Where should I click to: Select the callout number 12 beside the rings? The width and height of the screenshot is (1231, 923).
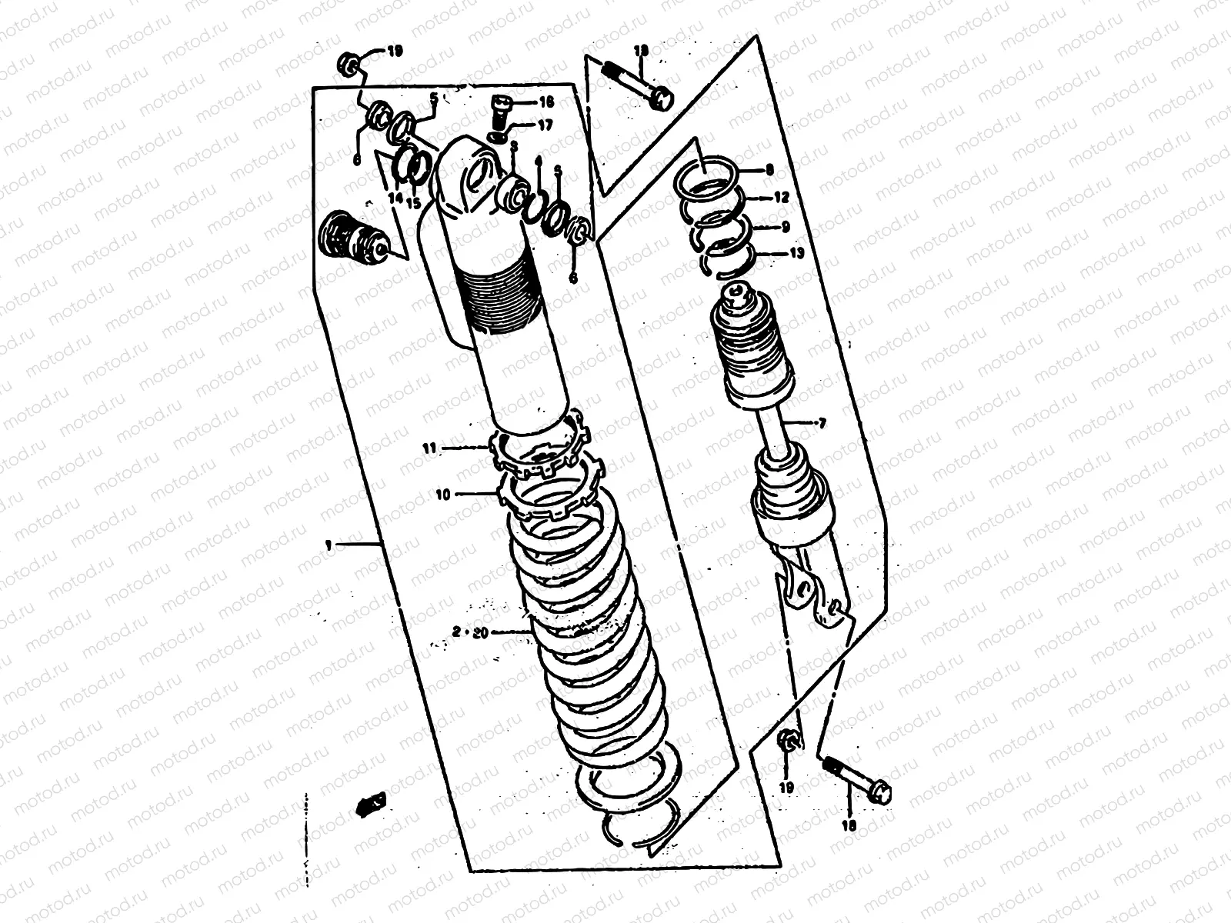click(x=782, y=198)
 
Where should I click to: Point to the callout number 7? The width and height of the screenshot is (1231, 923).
click(x=821, y=423)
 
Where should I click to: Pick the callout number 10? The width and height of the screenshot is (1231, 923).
click(x=442, y=495)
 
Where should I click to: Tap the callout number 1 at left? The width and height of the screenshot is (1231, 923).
click(x=329, y=545)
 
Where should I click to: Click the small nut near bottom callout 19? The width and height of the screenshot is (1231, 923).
click(x=788, y=741)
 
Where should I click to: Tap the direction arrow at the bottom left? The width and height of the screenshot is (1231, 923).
click(x=369, y=805)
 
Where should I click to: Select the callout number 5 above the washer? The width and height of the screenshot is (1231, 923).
click(x=432, y=98)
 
